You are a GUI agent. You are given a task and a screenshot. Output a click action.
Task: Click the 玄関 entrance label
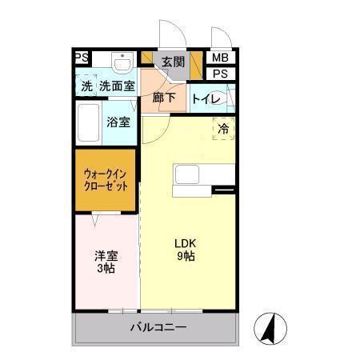[x=173, y=61]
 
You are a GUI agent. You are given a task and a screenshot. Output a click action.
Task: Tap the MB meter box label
[x=219, y=58]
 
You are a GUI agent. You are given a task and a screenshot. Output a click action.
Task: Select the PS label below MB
[x=219, y=74]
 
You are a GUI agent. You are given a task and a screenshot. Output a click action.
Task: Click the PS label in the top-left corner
[x=81, y=58]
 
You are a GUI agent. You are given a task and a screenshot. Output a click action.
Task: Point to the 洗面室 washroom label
[x=117, y=86]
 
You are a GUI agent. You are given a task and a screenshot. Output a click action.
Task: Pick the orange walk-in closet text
[x=106, y=179]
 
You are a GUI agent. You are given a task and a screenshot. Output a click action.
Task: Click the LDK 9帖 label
[x=186, y=250]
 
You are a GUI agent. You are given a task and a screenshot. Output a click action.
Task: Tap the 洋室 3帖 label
[x=105, y=262]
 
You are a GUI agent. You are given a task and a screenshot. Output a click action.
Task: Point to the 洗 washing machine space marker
[x=86, y=86]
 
